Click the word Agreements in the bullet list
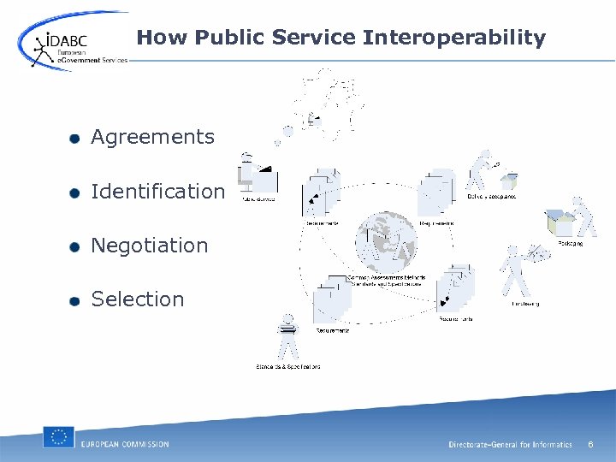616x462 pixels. (152, 137)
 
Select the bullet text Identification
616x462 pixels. (157, 192)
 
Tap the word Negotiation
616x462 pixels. (150, 246)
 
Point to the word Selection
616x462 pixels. (138, 299)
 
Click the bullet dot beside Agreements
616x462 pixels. (76, 139)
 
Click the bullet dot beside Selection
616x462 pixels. (76, 300)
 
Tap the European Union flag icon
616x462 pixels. (59, 437)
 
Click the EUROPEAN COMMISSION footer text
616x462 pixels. (125, 444)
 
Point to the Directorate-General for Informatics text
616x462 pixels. (510, 445)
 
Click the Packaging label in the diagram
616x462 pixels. (571, 243)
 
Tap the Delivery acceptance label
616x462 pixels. (491, 197)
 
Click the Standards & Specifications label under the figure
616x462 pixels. (288, 366)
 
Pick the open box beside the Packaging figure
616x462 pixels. (560, 223)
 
